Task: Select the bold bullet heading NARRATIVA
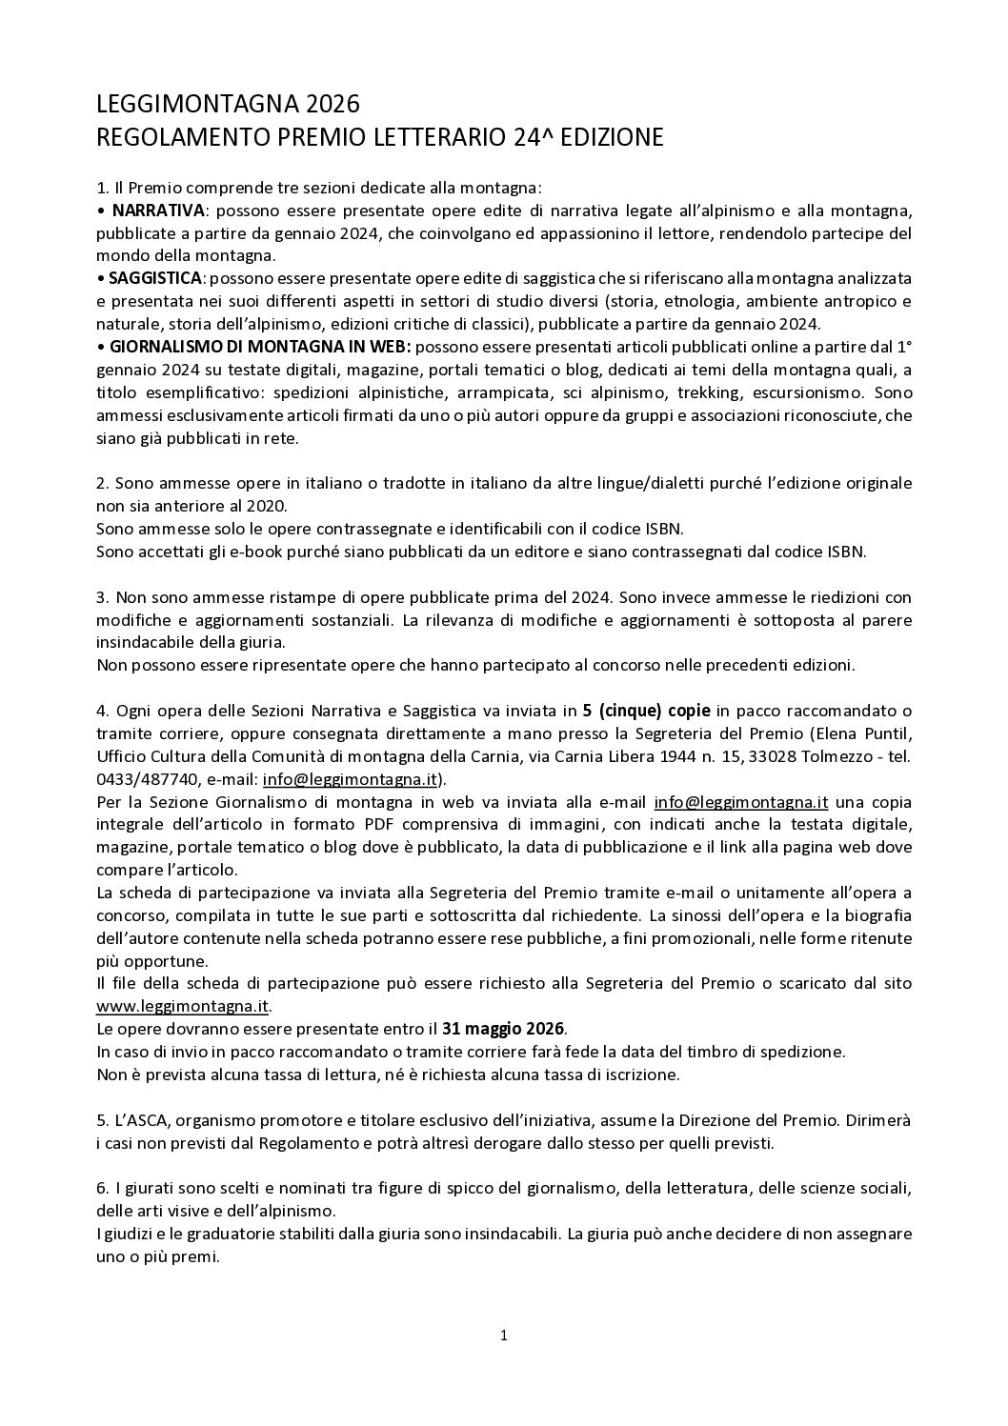pyautogui.click(x=157, y=211)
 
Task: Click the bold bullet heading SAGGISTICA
pyautogui.click(x=154, y=278)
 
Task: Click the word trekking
pyautogui.click(x=723, y=392)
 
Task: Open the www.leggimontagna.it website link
pyautogui.click(x=183, y=1006)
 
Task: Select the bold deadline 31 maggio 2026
pyautogui.click(x=503, y=1029)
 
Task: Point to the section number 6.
pyautogui.click(x=101, y=1189)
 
